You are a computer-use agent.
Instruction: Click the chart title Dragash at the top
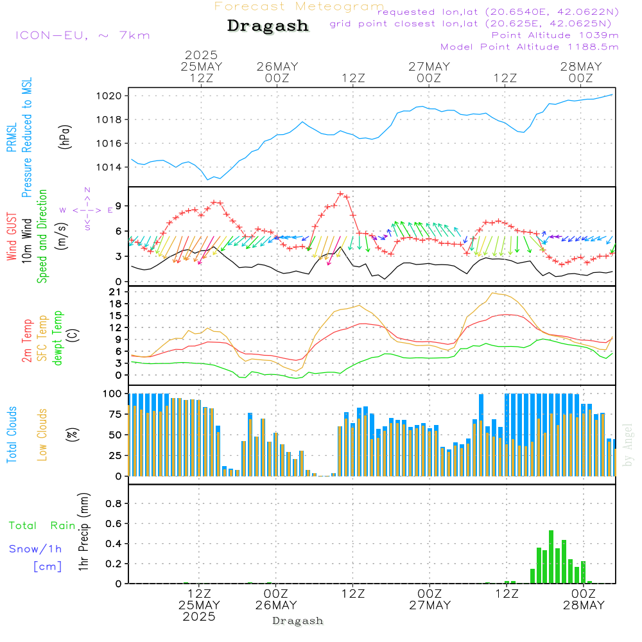pyautogui.click(x=268, y=26)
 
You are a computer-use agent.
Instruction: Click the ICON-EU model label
pyautogui.click(x=82, y=35)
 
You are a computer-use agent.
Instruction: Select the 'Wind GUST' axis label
pyautogui.click(x=12, y=237)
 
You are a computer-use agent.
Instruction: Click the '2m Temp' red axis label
pyautogui.click(x=27, y=340)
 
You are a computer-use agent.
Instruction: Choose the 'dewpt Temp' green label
pyautogui.click(x=58, y=338)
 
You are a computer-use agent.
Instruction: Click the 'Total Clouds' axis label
pyautogui.click(x=12, y=434)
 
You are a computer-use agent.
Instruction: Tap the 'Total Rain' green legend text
pyautogui.click(x=42, y=526)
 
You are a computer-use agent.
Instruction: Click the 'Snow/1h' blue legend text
pyautogui.click(x=35, y=549)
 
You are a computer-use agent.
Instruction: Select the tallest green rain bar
pyautogui.click(x=551, y=557)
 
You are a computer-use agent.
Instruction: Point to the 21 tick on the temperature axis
pyautogui.click(x=120, y=292)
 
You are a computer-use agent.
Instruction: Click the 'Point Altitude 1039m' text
pyautogui.click(x=555, y=35)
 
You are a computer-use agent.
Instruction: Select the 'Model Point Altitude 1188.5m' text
pyautogui.click(x=529, y=47)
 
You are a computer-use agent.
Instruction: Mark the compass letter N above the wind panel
pyautogui.click(x=87, y=190)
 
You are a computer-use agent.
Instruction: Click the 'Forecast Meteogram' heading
pyautogui.click(x=299, y=6)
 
